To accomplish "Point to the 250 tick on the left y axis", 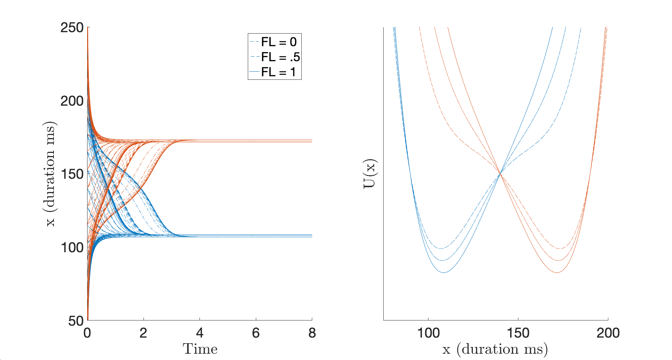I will [x=72, y=28].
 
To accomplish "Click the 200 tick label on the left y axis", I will [x=72, y=101].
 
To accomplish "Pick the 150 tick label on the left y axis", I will [x=72, y=174].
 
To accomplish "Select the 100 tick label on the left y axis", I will [x=72, y=248].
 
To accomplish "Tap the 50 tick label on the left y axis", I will [x=76, y=321].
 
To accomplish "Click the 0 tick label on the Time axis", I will [x=87, y=333].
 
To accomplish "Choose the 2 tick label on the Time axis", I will [x=143, y=333].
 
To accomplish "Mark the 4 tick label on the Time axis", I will [x=199, y=333].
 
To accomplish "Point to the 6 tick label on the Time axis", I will [x=256, y=333].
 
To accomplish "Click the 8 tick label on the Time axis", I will [x=312, y=333].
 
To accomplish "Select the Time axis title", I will [x=200, y=349].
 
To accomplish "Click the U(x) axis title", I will [x=369, y=174].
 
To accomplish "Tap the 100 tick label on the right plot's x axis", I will [x=428, y=333].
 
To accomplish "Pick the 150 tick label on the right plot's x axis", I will [x=518, y=333].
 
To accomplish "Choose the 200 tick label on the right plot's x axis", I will [x=608, y=333].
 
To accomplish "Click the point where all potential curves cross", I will [x=500, y=174].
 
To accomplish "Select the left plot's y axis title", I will [x=50, y=174].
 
